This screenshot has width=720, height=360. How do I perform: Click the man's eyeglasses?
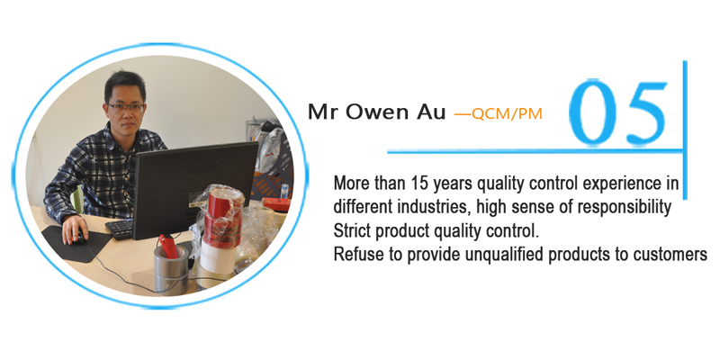[125, 107]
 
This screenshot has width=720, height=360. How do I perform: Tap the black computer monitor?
[194, 189]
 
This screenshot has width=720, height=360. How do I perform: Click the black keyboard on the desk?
[120, 229]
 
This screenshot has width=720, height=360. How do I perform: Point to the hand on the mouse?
[74, 229]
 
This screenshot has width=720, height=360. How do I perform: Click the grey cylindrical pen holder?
[171, 268]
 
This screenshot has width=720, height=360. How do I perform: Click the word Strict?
[352, 231]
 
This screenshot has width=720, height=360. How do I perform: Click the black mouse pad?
[76, 243]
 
